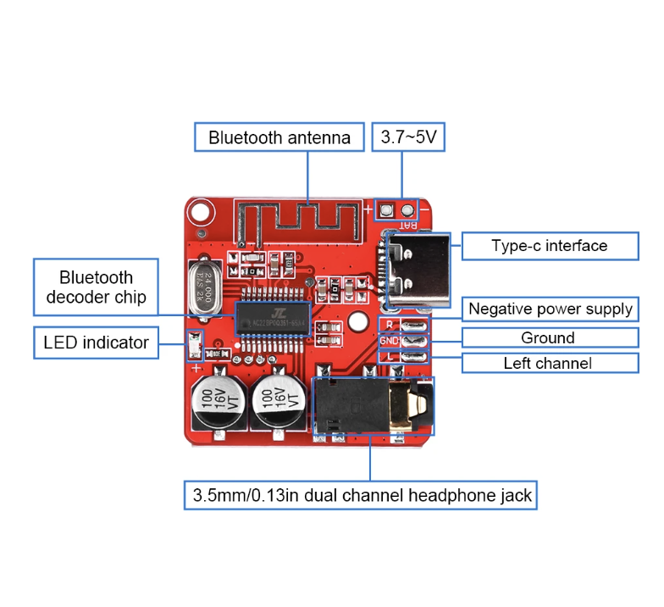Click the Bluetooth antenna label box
coord(279,137)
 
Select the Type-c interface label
coord(549,246)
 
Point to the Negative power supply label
coord(550,309)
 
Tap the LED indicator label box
coord(96,342)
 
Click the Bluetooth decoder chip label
coord(96,287)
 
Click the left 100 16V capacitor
coord(218,398)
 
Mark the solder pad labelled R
coord(413,324)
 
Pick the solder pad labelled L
coord(413,356)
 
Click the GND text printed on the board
coord(388,341)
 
